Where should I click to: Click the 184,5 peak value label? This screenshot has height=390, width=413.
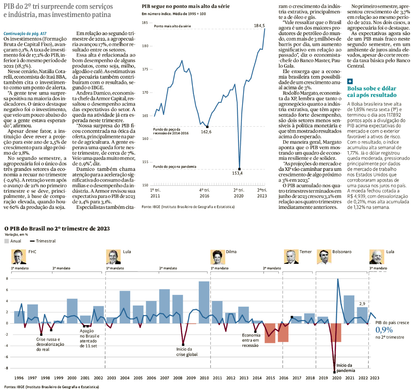coord(257,25)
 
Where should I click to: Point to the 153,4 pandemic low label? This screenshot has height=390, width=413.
coord(237,173)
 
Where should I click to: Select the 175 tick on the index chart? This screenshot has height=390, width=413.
coord(146,69)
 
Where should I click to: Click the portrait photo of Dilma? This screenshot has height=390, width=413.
coord(218,257)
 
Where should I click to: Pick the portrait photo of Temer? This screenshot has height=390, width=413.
coord(291,257)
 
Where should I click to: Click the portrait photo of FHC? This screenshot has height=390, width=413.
coord(17,257)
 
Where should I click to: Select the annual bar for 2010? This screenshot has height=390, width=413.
coord(204,302)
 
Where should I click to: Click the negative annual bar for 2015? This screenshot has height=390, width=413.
coord(270,333)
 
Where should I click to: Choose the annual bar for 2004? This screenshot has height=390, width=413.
coord(125,307)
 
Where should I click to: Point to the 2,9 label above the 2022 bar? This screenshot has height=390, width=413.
coord(362,304)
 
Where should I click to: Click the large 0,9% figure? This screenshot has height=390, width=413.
coord(384,329)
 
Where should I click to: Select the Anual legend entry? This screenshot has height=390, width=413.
coord(13,241)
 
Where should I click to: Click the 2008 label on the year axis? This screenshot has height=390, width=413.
coord(177,378)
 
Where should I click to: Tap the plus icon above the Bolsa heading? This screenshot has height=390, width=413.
coord(350,82)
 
